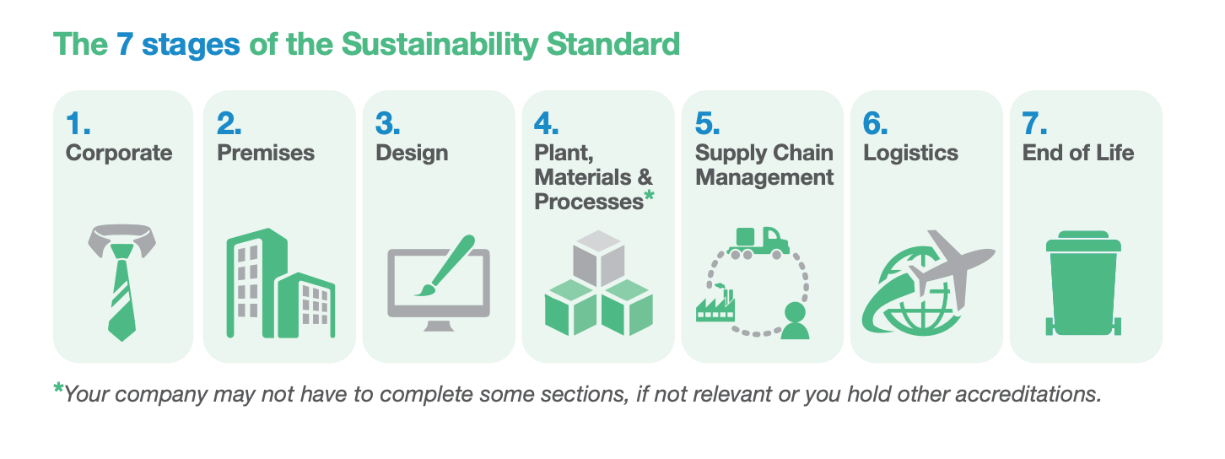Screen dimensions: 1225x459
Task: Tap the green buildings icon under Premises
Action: pos(280,283)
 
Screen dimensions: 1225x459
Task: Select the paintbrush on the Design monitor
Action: pos(445,265)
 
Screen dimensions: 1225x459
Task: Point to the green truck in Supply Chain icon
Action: pos(758,242)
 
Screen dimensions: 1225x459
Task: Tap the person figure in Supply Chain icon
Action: pos(795,321)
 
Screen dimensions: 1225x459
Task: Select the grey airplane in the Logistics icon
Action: pos(949,265)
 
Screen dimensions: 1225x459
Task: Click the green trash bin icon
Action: pos(1083,283)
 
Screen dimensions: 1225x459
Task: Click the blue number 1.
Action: pos(78,123)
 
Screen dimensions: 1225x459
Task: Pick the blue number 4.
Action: pos(546,123)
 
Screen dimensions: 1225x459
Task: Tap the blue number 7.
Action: pos(1034,123)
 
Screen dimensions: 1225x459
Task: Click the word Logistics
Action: pos(910,154)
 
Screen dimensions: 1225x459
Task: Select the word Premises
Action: pos(266,153)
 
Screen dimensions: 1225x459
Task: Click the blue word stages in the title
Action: pos(191,45)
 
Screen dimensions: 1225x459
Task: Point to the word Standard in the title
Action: pos(613,44)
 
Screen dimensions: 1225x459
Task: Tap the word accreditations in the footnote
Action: pos(1028,394)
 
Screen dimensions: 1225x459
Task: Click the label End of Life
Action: pos(1078,153)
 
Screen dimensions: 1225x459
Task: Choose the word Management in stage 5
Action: pos(764,178)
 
